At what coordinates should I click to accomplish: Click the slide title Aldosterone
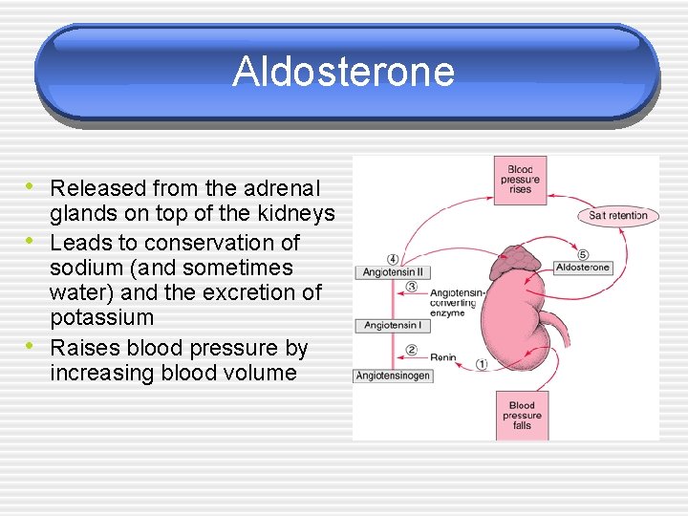point(343,72)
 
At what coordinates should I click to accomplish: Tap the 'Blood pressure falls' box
point(521,415)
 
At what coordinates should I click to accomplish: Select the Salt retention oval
point(618,215)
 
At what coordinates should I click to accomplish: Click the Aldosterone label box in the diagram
point(583,268)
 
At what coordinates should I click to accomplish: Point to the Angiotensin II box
point(393,272)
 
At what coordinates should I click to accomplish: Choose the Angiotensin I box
point(392,326)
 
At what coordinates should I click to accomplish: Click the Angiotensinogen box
point(393,376)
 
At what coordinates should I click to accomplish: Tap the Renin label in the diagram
point(443,358)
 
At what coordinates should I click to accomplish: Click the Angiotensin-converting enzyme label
point(453,302)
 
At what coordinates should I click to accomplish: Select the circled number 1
point(482,364)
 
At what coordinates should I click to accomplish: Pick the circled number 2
point(411,350)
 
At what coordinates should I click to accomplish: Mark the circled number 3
point(411,287)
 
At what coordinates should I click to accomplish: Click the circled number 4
point(393,259)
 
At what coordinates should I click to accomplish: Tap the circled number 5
point(583,254)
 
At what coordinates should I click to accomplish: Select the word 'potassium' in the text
point(101,317)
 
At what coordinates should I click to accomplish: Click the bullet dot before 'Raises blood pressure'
point(32,345)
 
